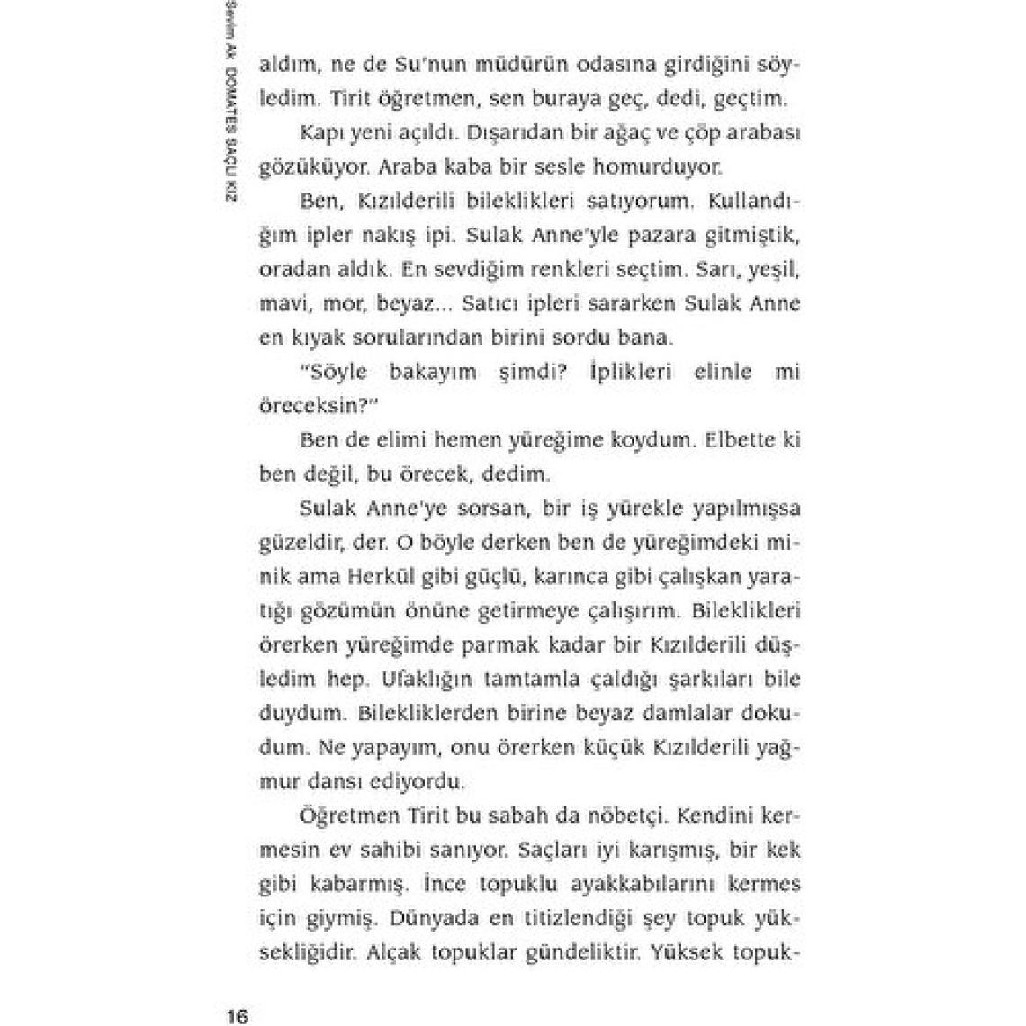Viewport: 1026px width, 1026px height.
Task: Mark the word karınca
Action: pos(578,576)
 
